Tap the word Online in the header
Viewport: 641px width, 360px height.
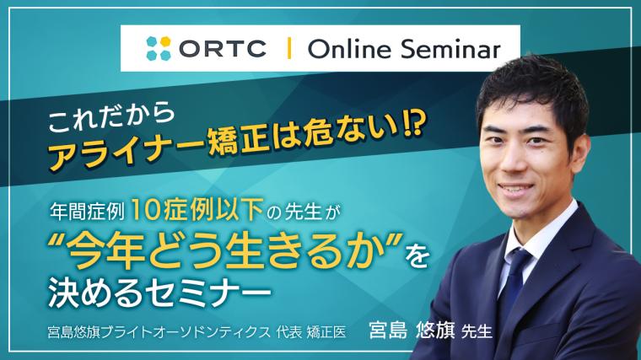pyautogui.click(x=343, y=49)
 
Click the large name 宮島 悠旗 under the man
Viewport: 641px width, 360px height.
pyautogui.click(x=415, y=329)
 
